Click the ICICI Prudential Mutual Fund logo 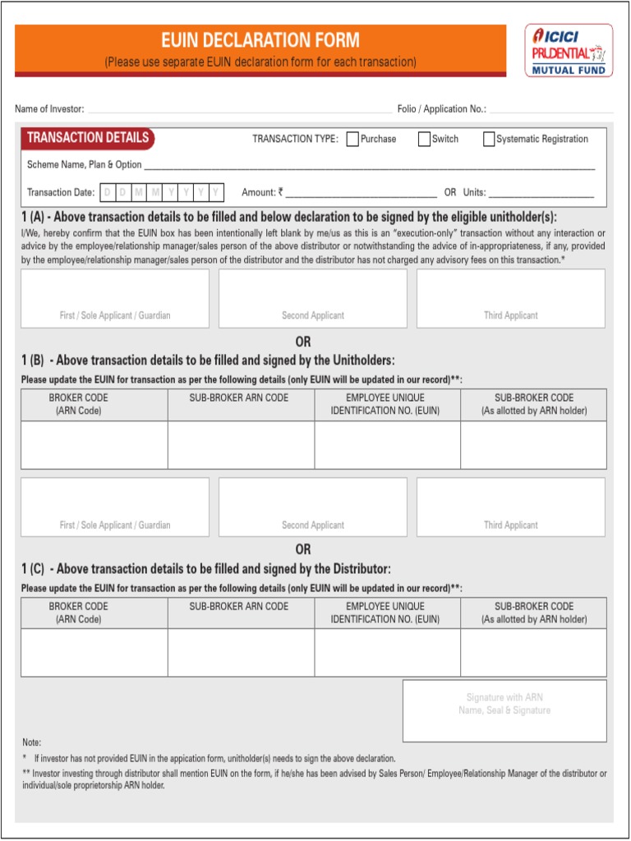coord(569,50)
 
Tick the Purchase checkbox coord(352,140)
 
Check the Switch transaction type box coord(425,140)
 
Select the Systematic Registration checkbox coord(489,140)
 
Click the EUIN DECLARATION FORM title coord(260,40)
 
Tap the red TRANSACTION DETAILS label coord(88,138)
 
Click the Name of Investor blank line coord(238,109)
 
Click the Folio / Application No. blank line coord(550,109)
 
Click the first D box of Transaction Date coord(107,193)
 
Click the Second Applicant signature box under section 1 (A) coord(312,298)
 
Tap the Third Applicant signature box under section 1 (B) coord(510,507)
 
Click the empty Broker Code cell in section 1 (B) coord(94,445)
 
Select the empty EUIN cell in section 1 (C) coord(387,653)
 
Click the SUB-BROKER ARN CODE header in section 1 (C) coord(239,607)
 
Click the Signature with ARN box coord(504,710)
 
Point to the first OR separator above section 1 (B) coord(303,342)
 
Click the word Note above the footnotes coord(31,742)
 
